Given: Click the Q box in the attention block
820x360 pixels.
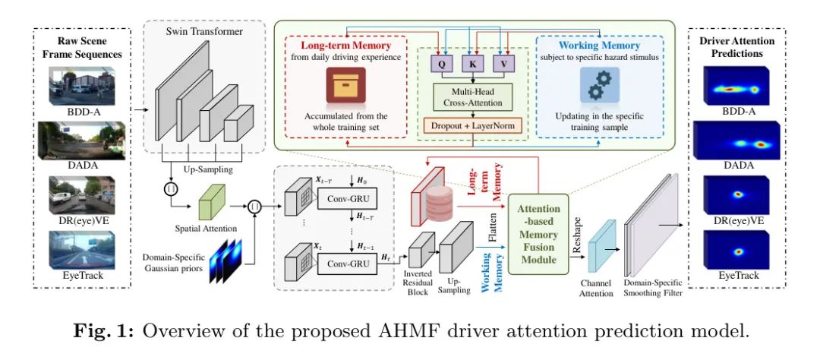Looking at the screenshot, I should [x=441, y=65].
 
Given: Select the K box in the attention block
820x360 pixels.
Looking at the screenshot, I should [x=471, y=65].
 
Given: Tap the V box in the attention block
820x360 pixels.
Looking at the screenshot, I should [x=501, y=65].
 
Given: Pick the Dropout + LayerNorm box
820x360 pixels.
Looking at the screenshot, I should [x=471, y=123].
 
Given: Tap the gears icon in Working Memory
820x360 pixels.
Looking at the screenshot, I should [x=599, y=84].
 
